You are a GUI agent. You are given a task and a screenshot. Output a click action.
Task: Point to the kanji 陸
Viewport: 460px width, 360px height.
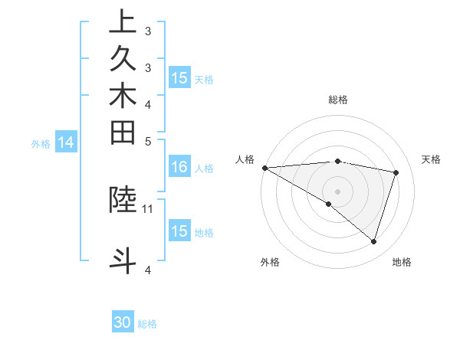[x=123, y=198]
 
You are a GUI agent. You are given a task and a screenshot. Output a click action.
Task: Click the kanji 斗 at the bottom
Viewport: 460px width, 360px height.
[x=123, y=260]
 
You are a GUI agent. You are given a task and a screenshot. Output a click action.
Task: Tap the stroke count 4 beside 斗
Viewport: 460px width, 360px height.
[x=148, y=270]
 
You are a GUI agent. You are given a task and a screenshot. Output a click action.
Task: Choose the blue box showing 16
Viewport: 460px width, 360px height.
[x=179, y=166]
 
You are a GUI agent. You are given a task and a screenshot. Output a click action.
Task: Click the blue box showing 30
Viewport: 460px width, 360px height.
[x=123, y=322]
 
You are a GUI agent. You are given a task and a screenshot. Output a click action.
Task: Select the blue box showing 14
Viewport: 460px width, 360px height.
[x=66, y=142]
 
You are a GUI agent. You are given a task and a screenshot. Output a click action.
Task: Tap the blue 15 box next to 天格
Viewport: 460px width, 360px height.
[x=179, y=77]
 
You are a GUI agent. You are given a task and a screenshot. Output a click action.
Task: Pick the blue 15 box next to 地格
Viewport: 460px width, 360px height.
[x=179, y=231]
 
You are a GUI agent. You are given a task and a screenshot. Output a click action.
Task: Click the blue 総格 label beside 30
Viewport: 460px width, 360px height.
[x=147, y=324]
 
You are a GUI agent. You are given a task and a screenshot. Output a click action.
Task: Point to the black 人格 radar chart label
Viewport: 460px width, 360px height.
[x=245, y=159]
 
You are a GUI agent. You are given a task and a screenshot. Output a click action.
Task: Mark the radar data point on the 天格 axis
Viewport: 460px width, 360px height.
[x=396, y=172]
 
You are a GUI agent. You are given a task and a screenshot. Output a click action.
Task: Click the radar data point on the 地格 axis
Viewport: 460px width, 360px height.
[x=373, y=241]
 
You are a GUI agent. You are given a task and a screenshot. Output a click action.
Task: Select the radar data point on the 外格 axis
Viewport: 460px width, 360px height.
[x=329, y=204]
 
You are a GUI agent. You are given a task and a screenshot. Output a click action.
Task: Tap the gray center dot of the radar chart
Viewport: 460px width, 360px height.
[x=337, y=191]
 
